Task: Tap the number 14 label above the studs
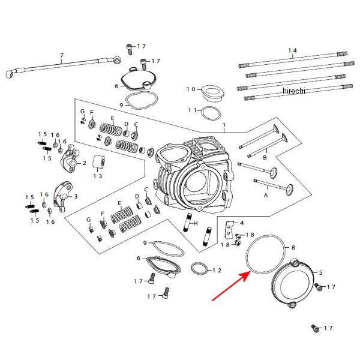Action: tap(292, 50)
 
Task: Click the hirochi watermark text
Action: tap(293, 90)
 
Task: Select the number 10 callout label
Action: tap(191, 89)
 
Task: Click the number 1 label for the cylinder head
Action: tap(224, 126)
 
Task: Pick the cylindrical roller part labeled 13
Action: tap(99, 163)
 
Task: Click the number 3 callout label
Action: tap(76, 196)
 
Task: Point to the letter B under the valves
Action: tap(265, 158)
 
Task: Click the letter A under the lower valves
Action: tap(265, 196)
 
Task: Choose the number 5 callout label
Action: tap(320, 272)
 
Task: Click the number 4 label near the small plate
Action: tap(241, 223)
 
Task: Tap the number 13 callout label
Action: tap(97, 176)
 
